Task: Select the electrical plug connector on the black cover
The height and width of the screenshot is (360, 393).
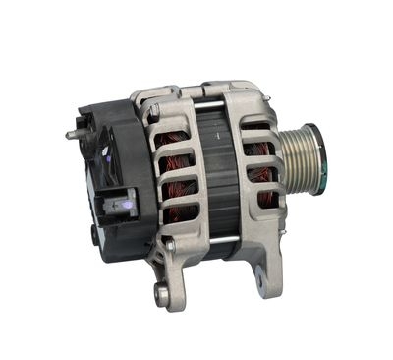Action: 121,206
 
